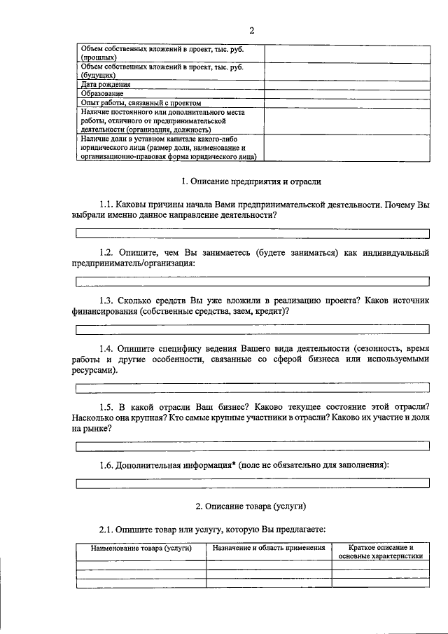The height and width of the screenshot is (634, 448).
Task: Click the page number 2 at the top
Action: [251, 29]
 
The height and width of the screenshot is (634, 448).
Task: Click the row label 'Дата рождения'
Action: [106, 84]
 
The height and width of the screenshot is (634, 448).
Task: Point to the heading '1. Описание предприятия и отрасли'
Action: [251, 182]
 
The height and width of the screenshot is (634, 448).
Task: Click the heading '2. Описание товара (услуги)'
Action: [251, 506]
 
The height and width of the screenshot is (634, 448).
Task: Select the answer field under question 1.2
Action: [252, 281]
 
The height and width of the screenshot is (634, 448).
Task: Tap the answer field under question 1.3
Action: [252, 328]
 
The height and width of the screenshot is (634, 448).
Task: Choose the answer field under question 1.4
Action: [252, 387]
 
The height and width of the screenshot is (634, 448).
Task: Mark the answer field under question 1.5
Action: [252, 446]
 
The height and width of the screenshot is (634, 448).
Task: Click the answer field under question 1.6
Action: [252, 483]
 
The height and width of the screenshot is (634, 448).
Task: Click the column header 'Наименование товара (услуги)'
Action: [141, 548]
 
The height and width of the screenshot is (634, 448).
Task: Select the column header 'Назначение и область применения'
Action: [269, 548]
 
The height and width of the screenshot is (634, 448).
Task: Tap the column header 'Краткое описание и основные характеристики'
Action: [380, 551]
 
